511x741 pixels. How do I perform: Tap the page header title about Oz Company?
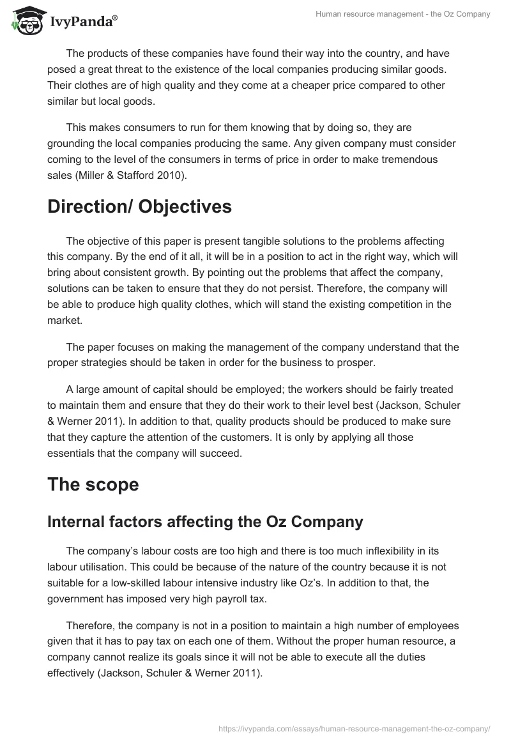403,14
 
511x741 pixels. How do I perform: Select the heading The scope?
93,484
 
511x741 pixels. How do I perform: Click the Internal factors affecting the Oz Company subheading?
205,521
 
